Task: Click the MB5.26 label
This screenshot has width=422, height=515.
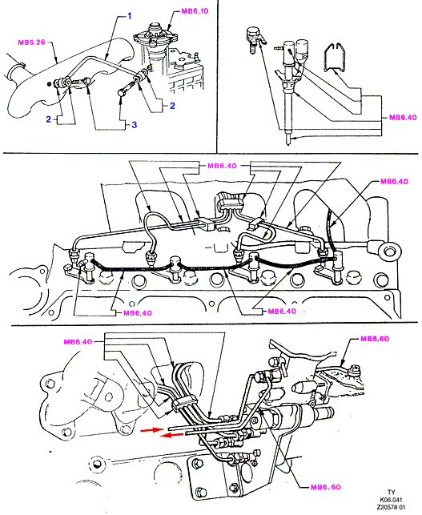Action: coord(31,42)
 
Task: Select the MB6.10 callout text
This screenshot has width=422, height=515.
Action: coord(195,11)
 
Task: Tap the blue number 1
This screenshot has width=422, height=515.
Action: coord(130,16)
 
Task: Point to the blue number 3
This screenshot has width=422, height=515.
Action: coord(134,125)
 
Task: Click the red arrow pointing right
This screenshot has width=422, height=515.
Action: coord(151,429)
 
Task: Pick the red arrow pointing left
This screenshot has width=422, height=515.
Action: coord(171,435)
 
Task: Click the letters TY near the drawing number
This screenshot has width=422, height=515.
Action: coord(391,492)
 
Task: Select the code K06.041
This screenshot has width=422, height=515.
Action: coord(391,500)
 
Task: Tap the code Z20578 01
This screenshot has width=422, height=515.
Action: coord(391,507)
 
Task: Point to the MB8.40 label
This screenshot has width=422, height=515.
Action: coord(394,181)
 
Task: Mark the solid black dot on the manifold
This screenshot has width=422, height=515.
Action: coord(50,84)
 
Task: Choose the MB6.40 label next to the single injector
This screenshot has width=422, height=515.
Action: coord(403,117)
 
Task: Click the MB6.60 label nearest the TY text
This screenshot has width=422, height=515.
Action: coord(325,487)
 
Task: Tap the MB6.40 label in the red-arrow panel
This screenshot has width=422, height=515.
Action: coord(78,342)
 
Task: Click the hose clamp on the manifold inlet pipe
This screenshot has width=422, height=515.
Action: coord(20,66)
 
